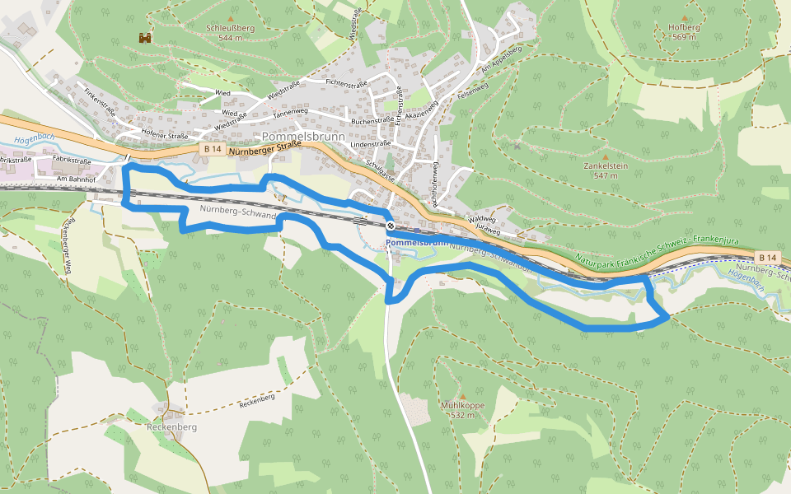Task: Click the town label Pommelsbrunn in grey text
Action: [x=303, y=137]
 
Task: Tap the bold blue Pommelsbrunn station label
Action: [x=417, y=244]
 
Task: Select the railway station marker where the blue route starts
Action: [x=390, y=226]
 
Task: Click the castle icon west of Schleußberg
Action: [x=145, y=37]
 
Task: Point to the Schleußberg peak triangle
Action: [x=231, y=17]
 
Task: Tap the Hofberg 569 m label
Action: [x=684, y=31]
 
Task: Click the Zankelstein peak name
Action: [x=606, y=165]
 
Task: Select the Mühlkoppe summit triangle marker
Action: [x=461, y=396]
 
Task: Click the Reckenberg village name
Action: [x=171, y=427]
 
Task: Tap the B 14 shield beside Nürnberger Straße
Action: [x=212, y=149]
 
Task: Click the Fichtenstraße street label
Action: [x=346, y=84]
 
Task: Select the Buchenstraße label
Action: [x=372, y=120]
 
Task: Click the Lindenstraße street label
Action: [x=371, y=143]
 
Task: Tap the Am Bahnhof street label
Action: [x=77, y=178]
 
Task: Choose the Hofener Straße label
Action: [x=165, y=134]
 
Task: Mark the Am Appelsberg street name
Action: [x=501, y=59]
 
